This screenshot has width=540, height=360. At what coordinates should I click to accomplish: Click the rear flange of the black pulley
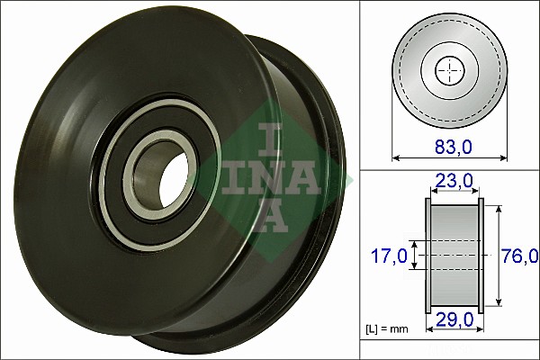click(310, 180)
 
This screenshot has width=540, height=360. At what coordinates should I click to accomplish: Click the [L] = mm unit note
click(388, 329)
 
